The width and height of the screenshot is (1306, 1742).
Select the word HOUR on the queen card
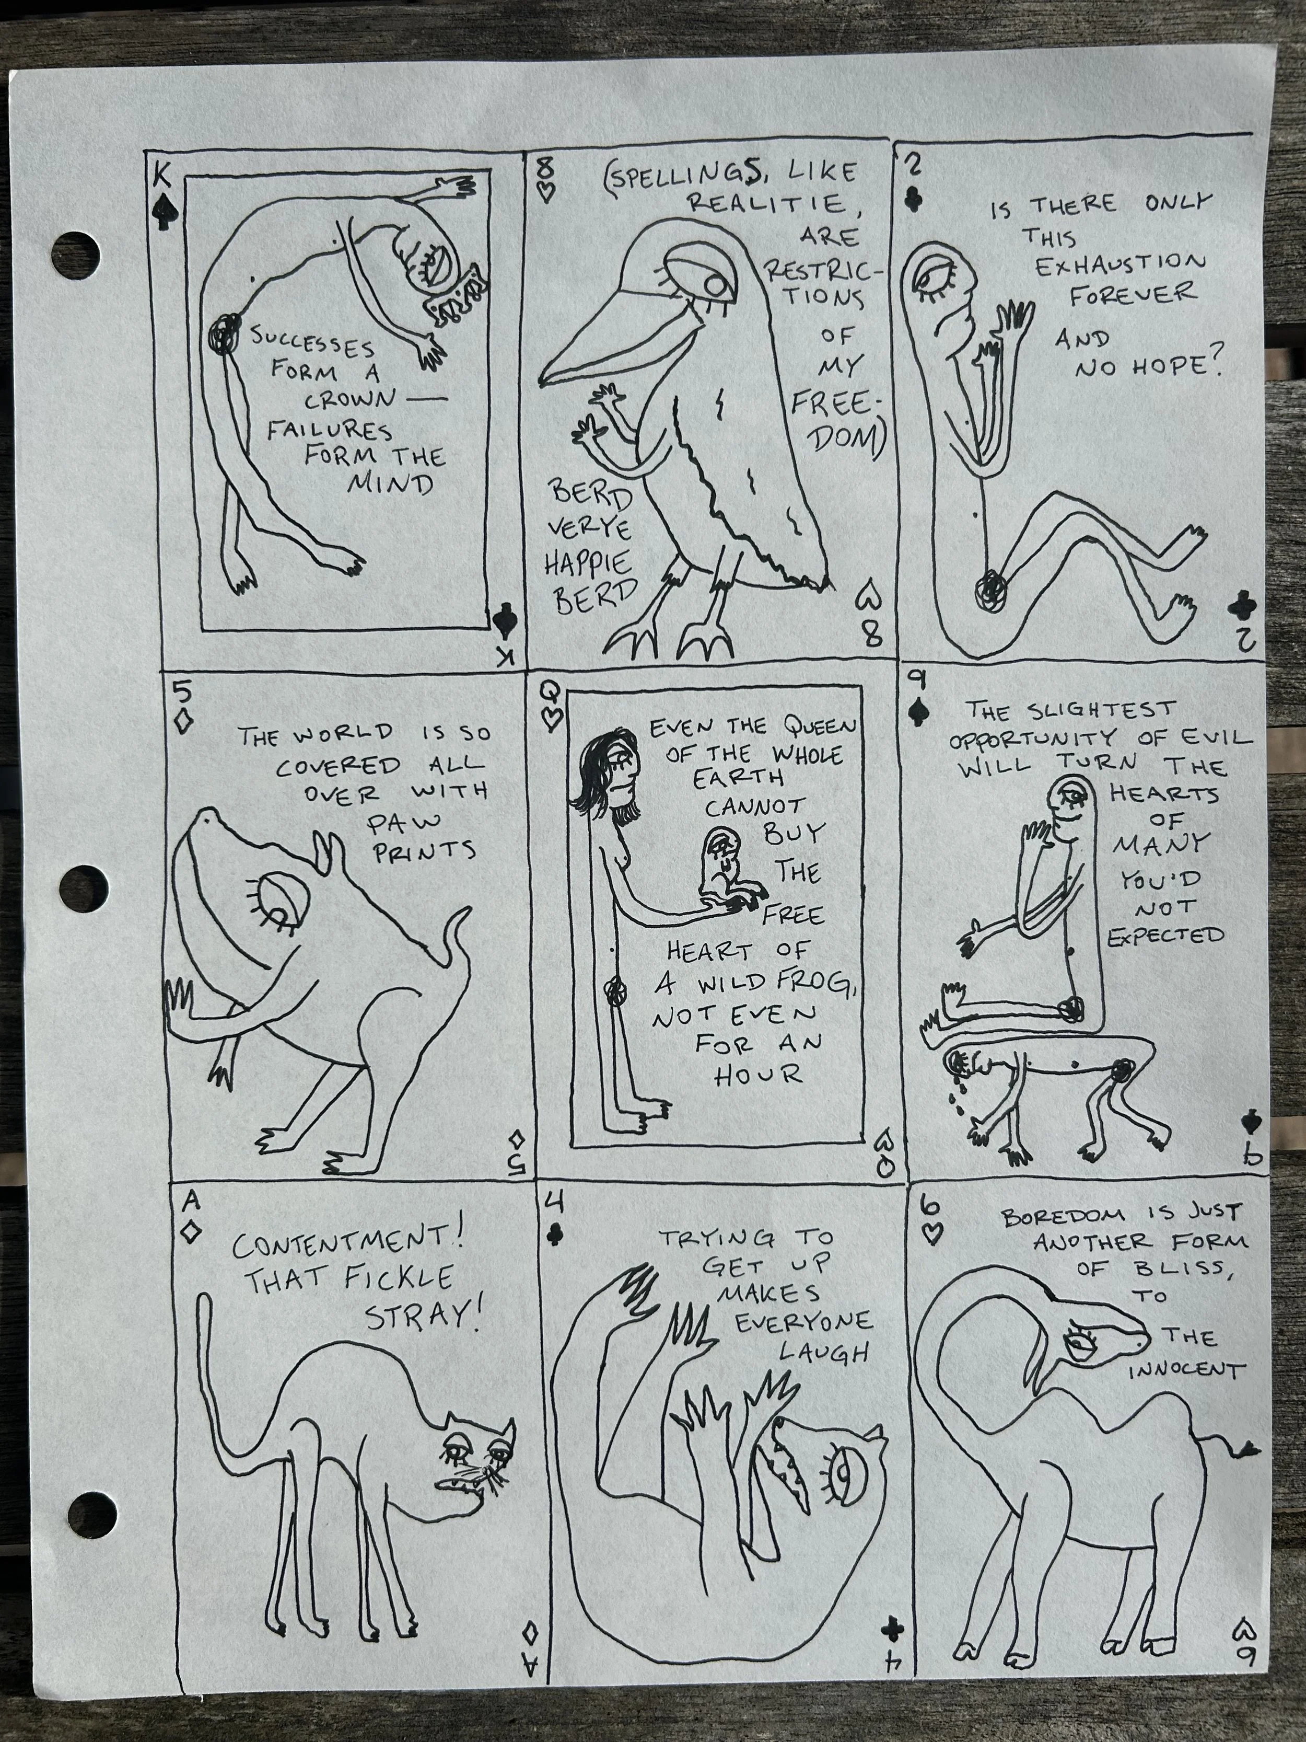tap(760, 1074)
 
